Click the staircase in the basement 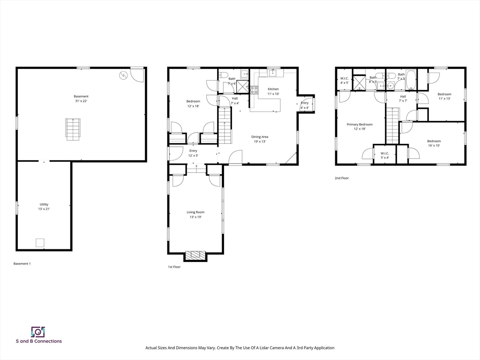click(x=73, y=129)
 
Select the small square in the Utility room click(x=40, y=242)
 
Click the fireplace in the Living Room click(x=195, y=255)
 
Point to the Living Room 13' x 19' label click(x=195, y=214)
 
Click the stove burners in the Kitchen click(x=254, y=90)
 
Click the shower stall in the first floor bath click(x=243, y=87)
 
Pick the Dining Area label click(x=260, y=139)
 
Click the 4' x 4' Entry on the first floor click(x=305, y=105)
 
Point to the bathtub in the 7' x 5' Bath click(x=411, y=80)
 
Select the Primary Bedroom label click(x=360, y=127)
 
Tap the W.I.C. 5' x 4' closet click(x=385, y=155)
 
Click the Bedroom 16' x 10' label click(x=434, y=143)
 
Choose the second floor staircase click(x=392, y=125)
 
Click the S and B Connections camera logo click(x=37, y=331)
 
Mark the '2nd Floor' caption click(x=342, y=178)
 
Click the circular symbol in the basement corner click(x=124, y=75)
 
